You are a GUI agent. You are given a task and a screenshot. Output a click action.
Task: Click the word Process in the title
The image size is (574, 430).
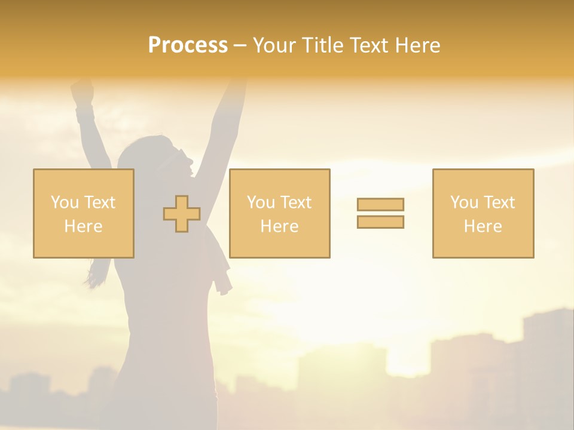188,45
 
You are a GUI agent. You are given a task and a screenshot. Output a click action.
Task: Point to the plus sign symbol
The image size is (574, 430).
182,214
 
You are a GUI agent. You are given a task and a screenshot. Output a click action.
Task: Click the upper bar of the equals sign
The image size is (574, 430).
380,204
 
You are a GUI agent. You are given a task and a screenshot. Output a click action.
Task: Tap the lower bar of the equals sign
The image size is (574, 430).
380,222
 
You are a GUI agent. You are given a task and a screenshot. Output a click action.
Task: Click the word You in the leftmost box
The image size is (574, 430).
65,202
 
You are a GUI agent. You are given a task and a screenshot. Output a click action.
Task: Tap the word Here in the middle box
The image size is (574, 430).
279,226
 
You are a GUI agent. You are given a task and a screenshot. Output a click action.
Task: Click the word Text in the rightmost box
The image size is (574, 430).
499,202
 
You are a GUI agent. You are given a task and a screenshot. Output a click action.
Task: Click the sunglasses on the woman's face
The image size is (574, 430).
178,158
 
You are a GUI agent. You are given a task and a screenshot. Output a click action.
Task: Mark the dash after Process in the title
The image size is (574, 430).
240,46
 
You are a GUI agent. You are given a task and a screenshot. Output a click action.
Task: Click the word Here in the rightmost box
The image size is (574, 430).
483,226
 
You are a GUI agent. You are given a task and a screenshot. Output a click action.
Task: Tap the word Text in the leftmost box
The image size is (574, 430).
99,202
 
